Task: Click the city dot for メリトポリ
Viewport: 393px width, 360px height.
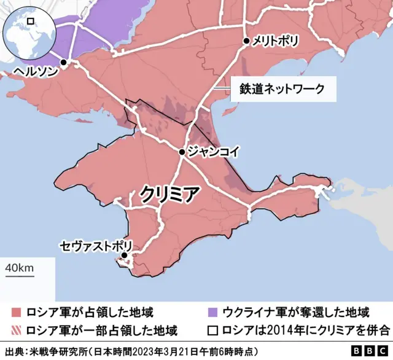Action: (246, 41)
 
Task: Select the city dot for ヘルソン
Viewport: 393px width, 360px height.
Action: (64, 63)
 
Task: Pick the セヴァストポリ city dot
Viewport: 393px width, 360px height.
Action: (124, 255)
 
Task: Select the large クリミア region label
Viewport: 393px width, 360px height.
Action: (169, 194)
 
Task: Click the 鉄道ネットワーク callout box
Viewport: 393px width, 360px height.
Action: (284, 90)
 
